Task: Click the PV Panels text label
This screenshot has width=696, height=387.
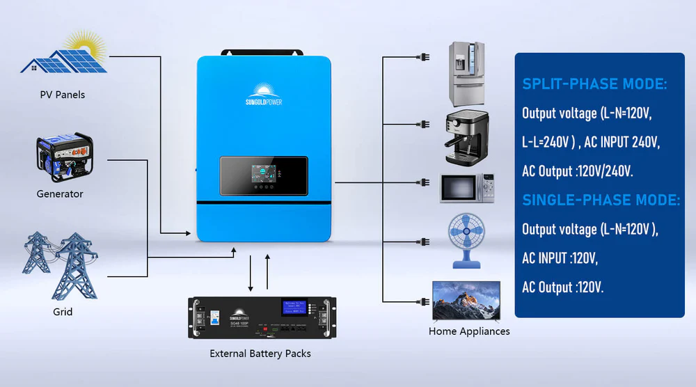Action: point(62,94)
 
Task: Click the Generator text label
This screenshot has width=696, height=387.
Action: point(60,194)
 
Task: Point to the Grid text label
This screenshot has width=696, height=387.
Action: point(63,312)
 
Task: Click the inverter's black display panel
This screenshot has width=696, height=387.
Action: point(264,176)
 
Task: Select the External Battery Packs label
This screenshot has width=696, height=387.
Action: point(260,354)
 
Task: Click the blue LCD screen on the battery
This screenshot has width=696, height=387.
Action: point(294,307)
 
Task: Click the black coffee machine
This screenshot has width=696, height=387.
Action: point(467,135)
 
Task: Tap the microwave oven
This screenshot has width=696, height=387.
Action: point(467,188)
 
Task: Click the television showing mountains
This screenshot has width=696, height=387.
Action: point(466,300)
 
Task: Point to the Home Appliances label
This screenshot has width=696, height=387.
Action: point(469,331)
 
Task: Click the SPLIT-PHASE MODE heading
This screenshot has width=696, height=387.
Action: point(594,84)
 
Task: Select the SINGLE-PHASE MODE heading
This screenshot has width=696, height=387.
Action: point(601,200)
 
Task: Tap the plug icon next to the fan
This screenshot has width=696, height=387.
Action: point(424,242)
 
